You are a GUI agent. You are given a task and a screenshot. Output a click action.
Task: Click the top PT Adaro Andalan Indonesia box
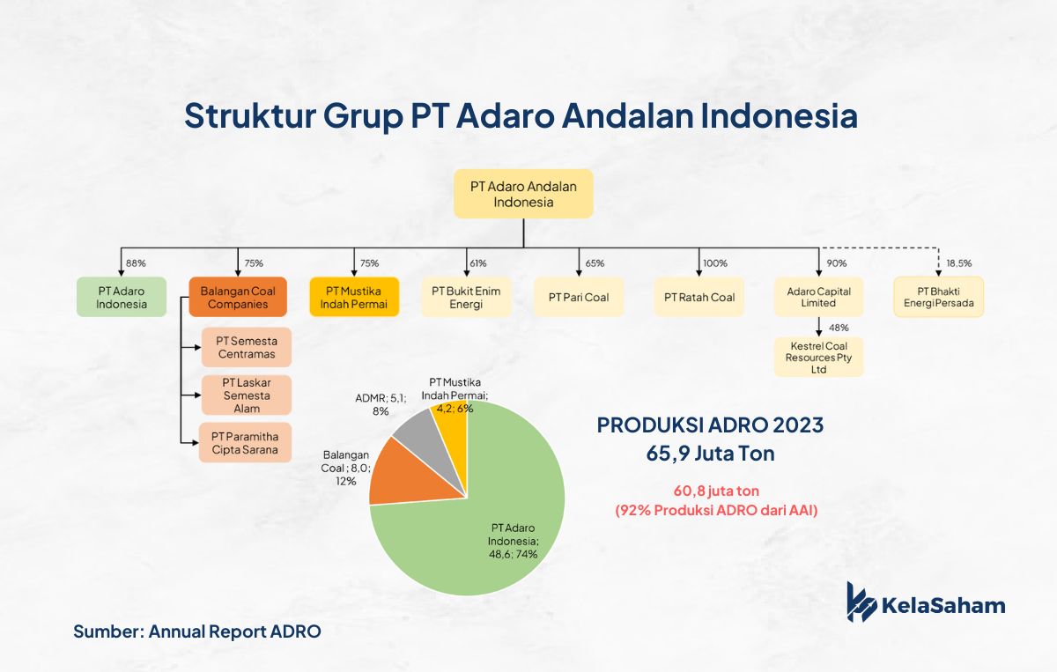pyautogui.click(x=523, y=194)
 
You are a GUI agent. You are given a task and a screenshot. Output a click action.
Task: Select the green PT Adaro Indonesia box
pyautogui.click(x=122, y=297)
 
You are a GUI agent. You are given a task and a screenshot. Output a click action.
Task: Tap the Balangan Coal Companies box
pyautogui.click(x=238, y=297)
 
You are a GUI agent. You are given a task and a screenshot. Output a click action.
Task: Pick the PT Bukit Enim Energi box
pyautogui.click(x=466, y=297)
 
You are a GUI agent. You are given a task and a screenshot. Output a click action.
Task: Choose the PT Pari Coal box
pyautogui.click(x=579, y=297)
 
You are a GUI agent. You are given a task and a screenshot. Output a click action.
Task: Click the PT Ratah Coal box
pyautogui.click(x=699, y=297)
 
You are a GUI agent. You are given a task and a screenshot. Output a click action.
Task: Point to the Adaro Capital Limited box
pyautogui.click(x=818, y=297)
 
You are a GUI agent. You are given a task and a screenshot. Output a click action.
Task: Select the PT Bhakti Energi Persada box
pyautogui.click(x=939, y=297)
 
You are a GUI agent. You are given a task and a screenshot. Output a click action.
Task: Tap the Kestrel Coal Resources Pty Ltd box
pyautogui.click(x=818, y=357)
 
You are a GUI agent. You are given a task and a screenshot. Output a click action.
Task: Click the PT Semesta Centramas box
pyautogui.click(x=247, y=347)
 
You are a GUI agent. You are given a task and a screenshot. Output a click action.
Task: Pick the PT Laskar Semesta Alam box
pyautogui.click(x=247, y=395)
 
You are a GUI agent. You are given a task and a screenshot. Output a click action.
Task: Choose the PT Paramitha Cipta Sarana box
pyautogui.click(x=245, y=443)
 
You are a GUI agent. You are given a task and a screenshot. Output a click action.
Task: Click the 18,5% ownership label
pyautogui.click(x=959, y=263)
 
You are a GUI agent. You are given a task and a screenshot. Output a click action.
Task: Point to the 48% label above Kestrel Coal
pyautogui.click(x=839, y=328)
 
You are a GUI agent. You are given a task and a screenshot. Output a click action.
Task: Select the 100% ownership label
pyautogui.click(x=715, y=263)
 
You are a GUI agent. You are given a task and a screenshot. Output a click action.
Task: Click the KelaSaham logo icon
pyautogui.click(x=861, y=602)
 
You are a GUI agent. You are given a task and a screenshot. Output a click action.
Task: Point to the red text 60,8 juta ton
pyautogui.click(x=716, y=491)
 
